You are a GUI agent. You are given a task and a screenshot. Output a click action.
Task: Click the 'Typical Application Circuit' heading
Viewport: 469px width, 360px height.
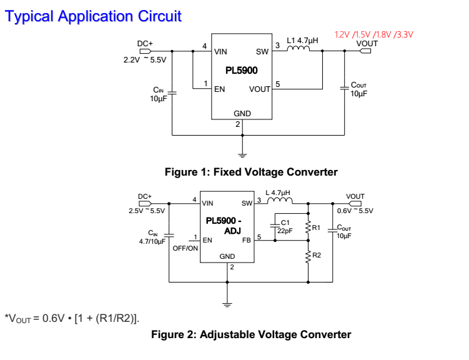pos(92,16)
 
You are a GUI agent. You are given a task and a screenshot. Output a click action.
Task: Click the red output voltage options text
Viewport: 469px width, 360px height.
pos(374,34)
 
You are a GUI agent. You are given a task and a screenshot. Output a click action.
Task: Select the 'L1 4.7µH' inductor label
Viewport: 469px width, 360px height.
pos(302,41)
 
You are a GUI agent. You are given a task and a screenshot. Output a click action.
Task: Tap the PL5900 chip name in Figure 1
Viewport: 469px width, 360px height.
pos(242,71)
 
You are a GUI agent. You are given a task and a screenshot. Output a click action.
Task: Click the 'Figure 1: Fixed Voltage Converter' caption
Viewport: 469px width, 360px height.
pos(250,172)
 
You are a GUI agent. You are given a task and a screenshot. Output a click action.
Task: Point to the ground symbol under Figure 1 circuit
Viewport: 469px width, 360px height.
pos(243,154)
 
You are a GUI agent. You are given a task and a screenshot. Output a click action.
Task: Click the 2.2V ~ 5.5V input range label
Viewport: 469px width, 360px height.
pos(146,60)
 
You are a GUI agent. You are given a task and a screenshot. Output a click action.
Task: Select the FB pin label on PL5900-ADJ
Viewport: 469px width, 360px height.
pos(246,240)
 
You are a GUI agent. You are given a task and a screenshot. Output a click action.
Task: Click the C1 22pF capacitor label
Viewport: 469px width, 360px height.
pos(285,226)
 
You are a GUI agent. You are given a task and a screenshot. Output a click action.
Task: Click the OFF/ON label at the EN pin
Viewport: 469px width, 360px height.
pos(185,248)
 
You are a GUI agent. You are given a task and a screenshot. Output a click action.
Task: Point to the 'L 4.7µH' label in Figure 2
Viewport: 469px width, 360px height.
pos(278,193)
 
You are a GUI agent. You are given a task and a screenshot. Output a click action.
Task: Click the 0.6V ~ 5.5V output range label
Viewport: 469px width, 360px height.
pos(355,211)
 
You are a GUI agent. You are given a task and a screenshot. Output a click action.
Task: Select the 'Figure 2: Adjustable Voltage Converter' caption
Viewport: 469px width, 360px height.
pos(251,334)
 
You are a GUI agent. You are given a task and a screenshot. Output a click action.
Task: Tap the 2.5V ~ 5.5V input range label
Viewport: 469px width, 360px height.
pos(147,211)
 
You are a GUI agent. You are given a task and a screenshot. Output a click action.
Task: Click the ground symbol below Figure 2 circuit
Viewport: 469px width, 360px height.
pos(227,304)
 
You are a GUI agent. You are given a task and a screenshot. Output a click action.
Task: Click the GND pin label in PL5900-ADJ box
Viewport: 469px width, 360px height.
pos(227,257)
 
